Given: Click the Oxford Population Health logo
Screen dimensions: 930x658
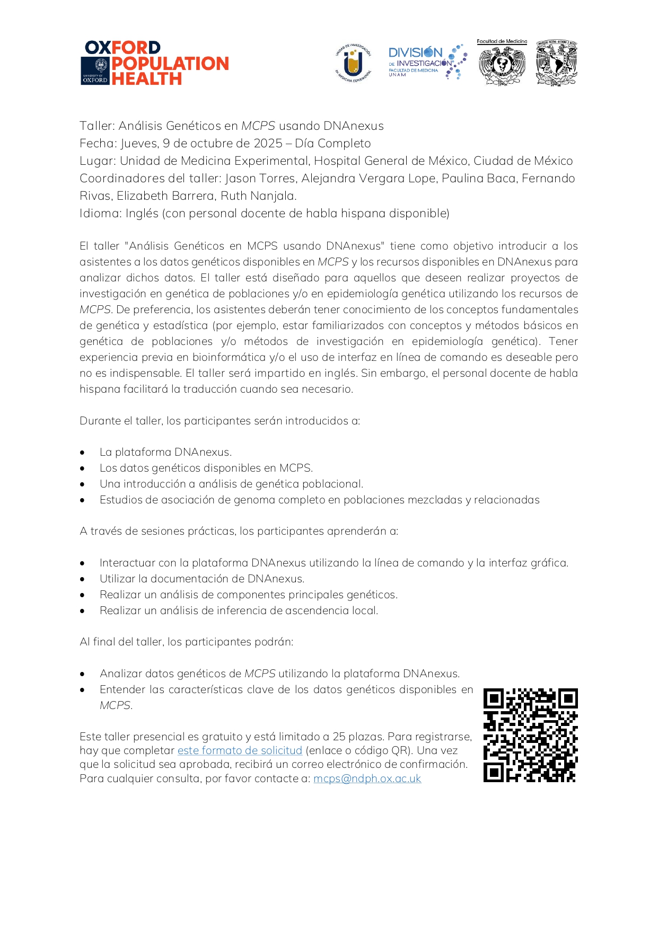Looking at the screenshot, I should coord(155,63).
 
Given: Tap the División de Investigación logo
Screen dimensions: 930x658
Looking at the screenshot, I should coord(427,62).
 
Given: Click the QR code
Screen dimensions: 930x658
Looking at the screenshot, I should coord(530,735).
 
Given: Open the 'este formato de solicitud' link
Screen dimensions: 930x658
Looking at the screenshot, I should coord(240,750).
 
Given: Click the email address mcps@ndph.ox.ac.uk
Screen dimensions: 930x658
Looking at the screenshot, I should coord(367,778).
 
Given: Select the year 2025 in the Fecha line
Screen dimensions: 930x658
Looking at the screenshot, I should coord(268,144).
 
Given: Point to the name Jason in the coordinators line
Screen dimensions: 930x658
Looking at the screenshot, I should coord(240,179).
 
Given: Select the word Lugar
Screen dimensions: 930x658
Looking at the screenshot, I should coord(96,161).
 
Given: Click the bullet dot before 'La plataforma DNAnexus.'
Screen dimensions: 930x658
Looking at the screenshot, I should coord(83,453).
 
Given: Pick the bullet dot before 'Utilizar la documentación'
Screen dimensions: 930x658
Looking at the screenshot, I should coord(83,579).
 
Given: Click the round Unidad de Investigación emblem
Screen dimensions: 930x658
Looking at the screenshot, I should coord(353,64).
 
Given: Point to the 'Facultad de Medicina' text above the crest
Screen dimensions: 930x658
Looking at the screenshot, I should coord(502,41).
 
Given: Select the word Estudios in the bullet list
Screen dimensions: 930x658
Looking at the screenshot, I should coord(121,500).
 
